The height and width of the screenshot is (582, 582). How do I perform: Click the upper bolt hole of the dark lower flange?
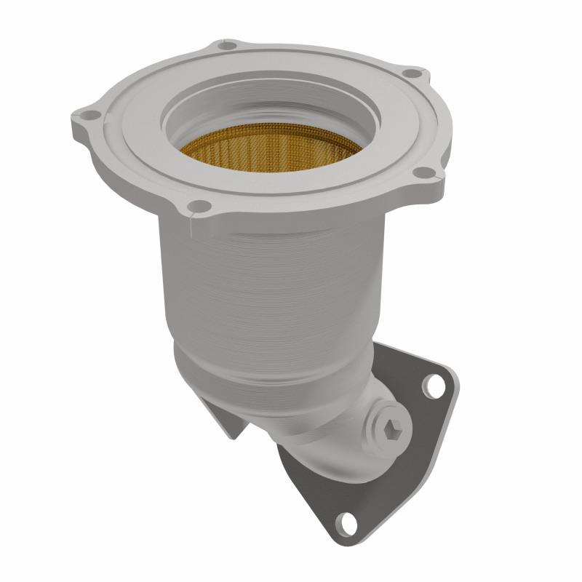[x=436, y=385]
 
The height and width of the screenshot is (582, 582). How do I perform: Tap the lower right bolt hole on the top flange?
[x=420, y=172]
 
